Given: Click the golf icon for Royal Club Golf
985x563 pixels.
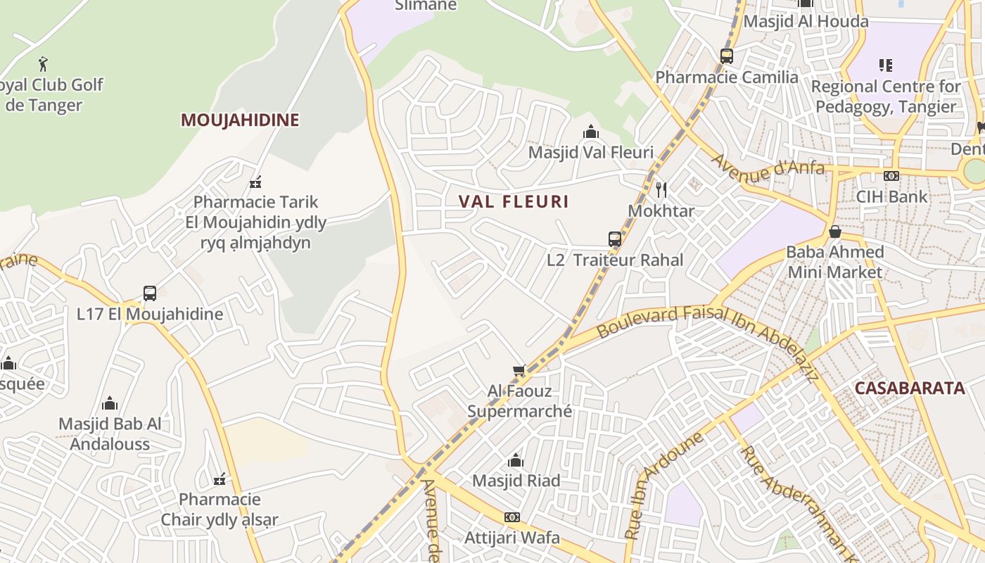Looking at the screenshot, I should click(44, 64).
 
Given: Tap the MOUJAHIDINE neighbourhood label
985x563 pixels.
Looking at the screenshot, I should click(240, 120).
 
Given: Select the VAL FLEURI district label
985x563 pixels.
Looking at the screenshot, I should click(514, 201).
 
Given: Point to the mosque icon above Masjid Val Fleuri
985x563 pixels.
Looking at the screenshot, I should click(590, 132).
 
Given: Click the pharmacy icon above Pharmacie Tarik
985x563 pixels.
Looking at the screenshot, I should click(255, 182).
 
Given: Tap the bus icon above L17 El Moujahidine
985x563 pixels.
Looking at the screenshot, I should click(150, 293).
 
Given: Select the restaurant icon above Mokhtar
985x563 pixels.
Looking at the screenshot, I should click(661, 190).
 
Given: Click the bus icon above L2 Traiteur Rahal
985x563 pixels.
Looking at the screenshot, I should click(615, 239).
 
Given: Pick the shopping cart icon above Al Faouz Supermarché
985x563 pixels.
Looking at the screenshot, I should click(519, 370).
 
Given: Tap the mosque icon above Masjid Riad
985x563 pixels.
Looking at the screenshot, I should click(516, 461).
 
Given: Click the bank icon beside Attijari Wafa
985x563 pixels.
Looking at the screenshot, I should click(512, 517).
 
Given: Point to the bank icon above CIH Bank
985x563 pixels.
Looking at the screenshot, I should click(891, 176).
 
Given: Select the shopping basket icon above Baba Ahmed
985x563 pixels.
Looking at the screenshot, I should click(835, 232).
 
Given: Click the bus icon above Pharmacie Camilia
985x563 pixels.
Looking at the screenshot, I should click(727, 56).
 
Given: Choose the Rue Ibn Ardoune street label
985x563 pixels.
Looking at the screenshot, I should click(663, 485).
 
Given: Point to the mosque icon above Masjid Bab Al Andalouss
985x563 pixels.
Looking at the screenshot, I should click(110, 403).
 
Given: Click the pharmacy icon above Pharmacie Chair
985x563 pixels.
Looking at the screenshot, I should click(220, 479).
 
